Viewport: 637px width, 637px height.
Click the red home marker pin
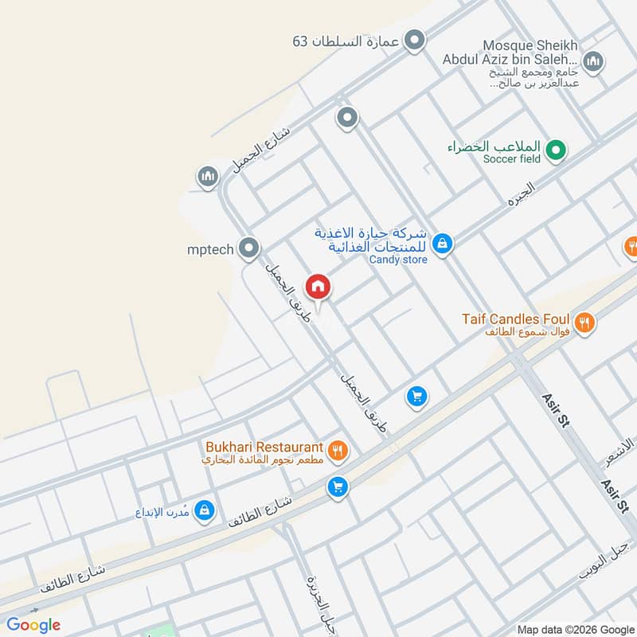[317, 287]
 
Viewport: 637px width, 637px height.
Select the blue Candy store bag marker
[444, 244]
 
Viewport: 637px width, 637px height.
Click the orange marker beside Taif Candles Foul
[584, 322]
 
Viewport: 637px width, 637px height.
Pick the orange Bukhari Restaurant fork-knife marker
[338, 451]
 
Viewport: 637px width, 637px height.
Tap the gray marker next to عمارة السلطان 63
[414, 40]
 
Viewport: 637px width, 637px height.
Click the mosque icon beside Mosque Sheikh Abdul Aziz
[593, 61]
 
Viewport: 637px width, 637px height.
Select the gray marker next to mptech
[249, 248]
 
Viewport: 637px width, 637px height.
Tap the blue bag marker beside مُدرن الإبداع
[205, 510]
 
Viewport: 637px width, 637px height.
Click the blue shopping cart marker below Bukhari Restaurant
[338, 485]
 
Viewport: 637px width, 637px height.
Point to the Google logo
[34, 625]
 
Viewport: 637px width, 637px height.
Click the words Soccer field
[511, 159]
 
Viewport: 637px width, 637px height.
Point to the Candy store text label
[398, 260]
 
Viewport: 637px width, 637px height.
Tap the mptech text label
[210, 249]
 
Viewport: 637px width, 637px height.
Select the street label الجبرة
[521, 193]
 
